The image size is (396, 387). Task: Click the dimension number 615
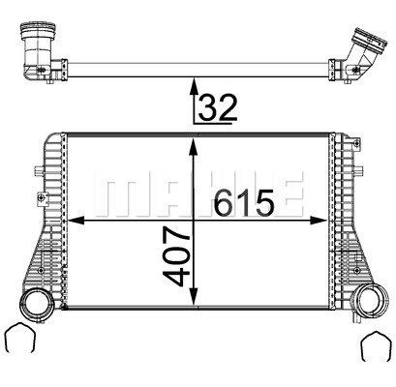click(x=244, y=202)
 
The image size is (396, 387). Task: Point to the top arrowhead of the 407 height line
click(x=196, y=142)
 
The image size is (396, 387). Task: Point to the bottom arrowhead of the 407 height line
click(x=196, y=298)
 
